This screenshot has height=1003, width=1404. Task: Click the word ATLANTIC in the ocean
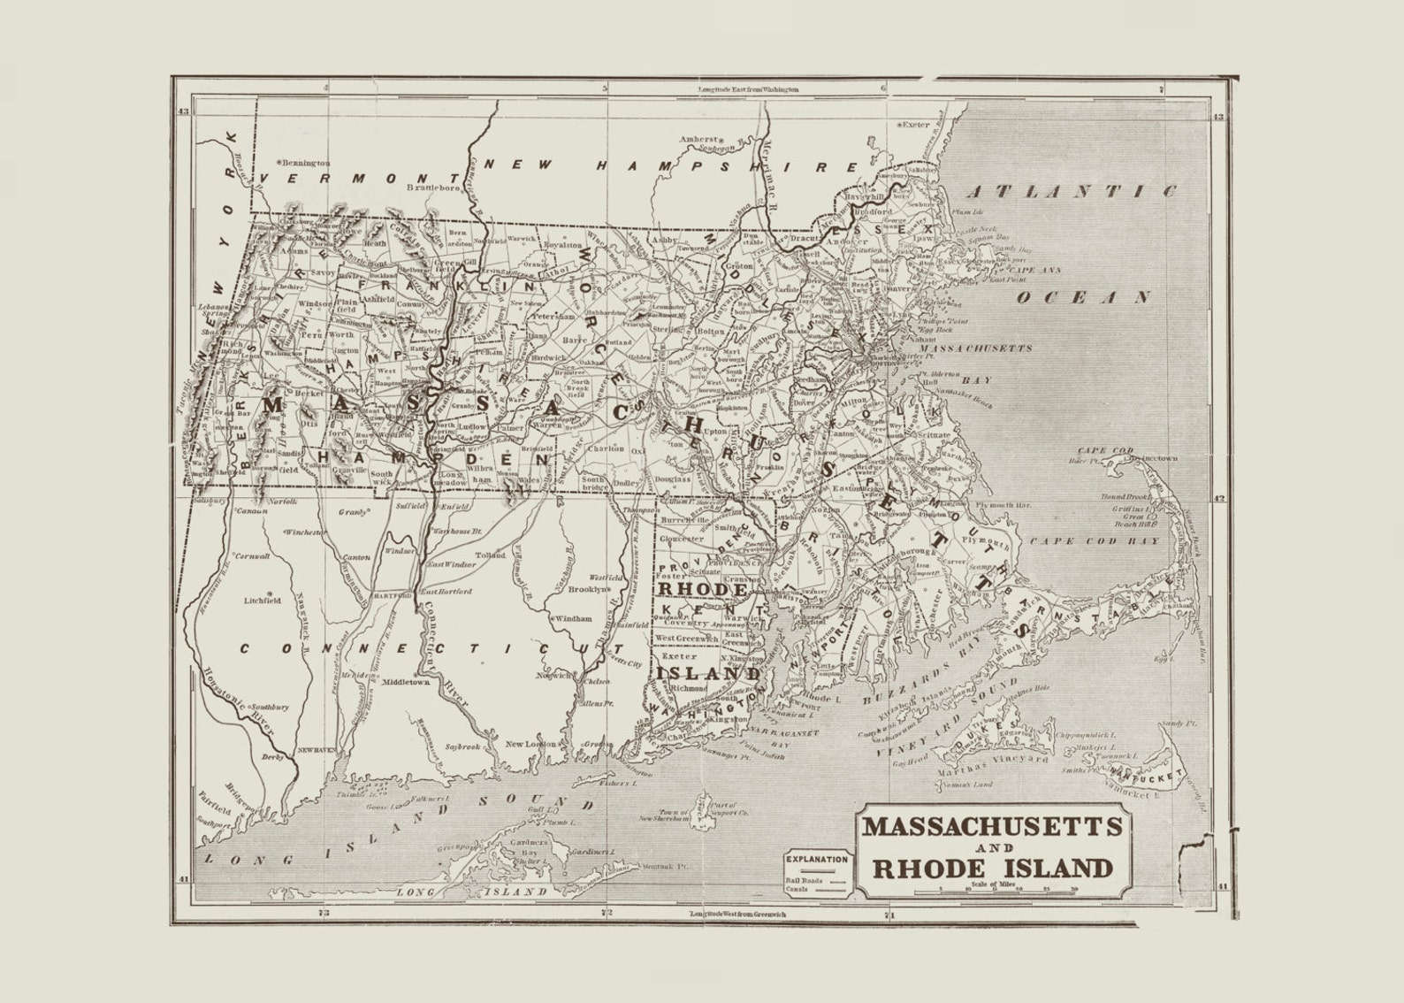[1071, 191]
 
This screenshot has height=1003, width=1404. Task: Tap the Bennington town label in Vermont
[305, 163]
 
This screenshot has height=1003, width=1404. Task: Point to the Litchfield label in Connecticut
[263, 600]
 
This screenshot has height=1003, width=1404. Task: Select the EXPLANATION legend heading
[817, 859]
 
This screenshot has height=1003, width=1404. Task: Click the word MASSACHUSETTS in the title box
[992, 828]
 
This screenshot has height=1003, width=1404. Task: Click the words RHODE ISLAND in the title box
[992, 868]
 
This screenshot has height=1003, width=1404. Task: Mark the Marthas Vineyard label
[991, 760]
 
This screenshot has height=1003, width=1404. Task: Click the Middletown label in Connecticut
[406, 682]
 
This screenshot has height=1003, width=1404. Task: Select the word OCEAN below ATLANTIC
[1082, 297]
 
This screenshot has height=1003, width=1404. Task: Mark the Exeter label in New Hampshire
[916, 125]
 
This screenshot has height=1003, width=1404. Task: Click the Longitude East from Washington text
[747, 89]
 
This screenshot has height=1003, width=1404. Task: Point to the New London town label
[531, 744]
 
